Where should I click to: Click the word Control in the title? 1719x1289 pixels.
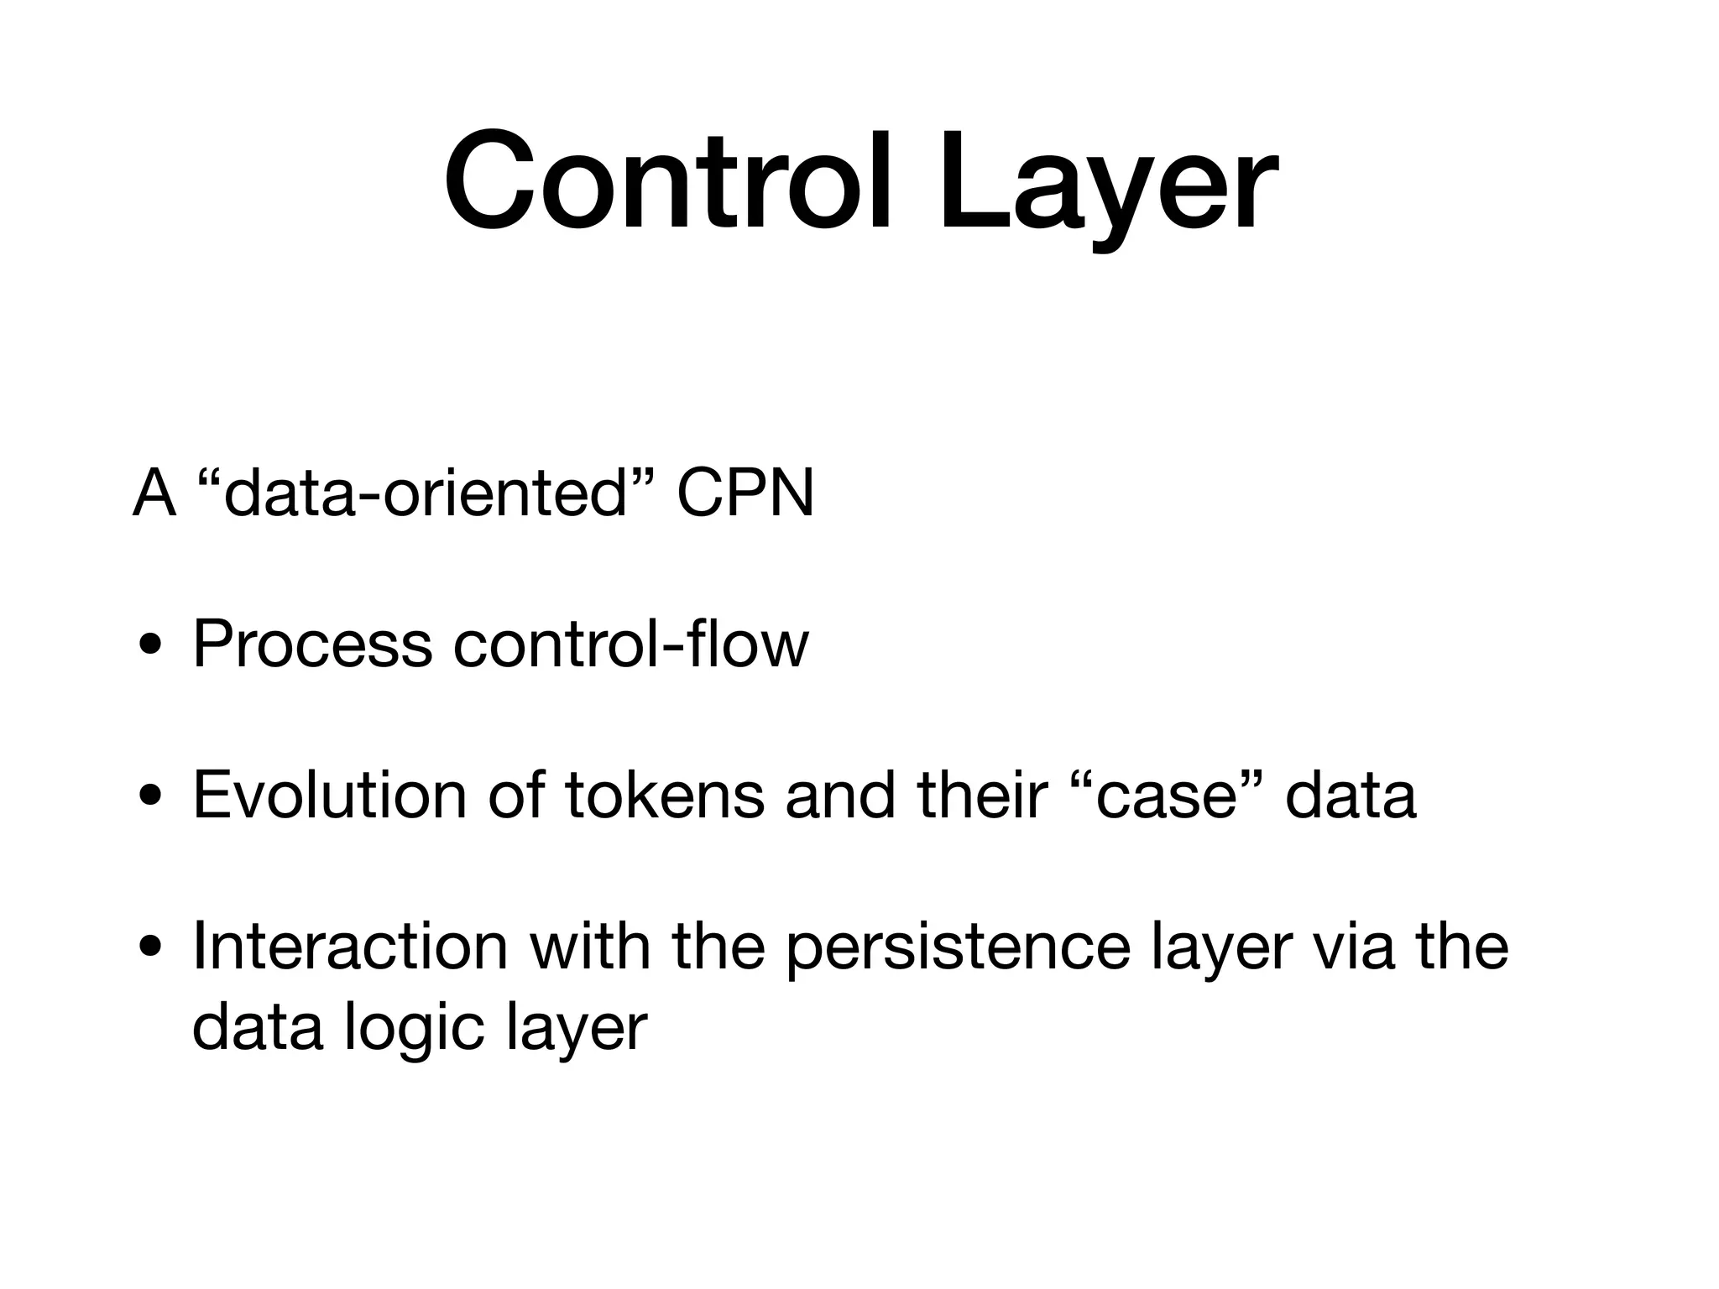(667, 180)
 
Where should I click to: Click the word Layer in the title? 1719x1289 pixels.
(1108, 180)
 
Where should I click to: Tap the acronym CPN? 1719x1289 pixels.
(745, 493)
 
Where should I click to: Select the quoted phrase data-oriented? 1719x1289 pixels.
(426, 493)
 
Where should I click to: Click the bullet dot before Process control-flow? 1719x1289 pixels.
(152, 647)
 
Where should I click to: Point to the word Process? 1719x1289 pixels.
(312, 644)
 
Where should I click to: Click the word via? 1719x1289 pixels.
(1353, 946)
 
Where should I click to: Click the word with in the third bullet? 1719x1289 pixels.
(589, 946)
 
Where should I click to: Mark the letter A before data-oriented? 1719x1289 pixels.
(154, 493)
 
